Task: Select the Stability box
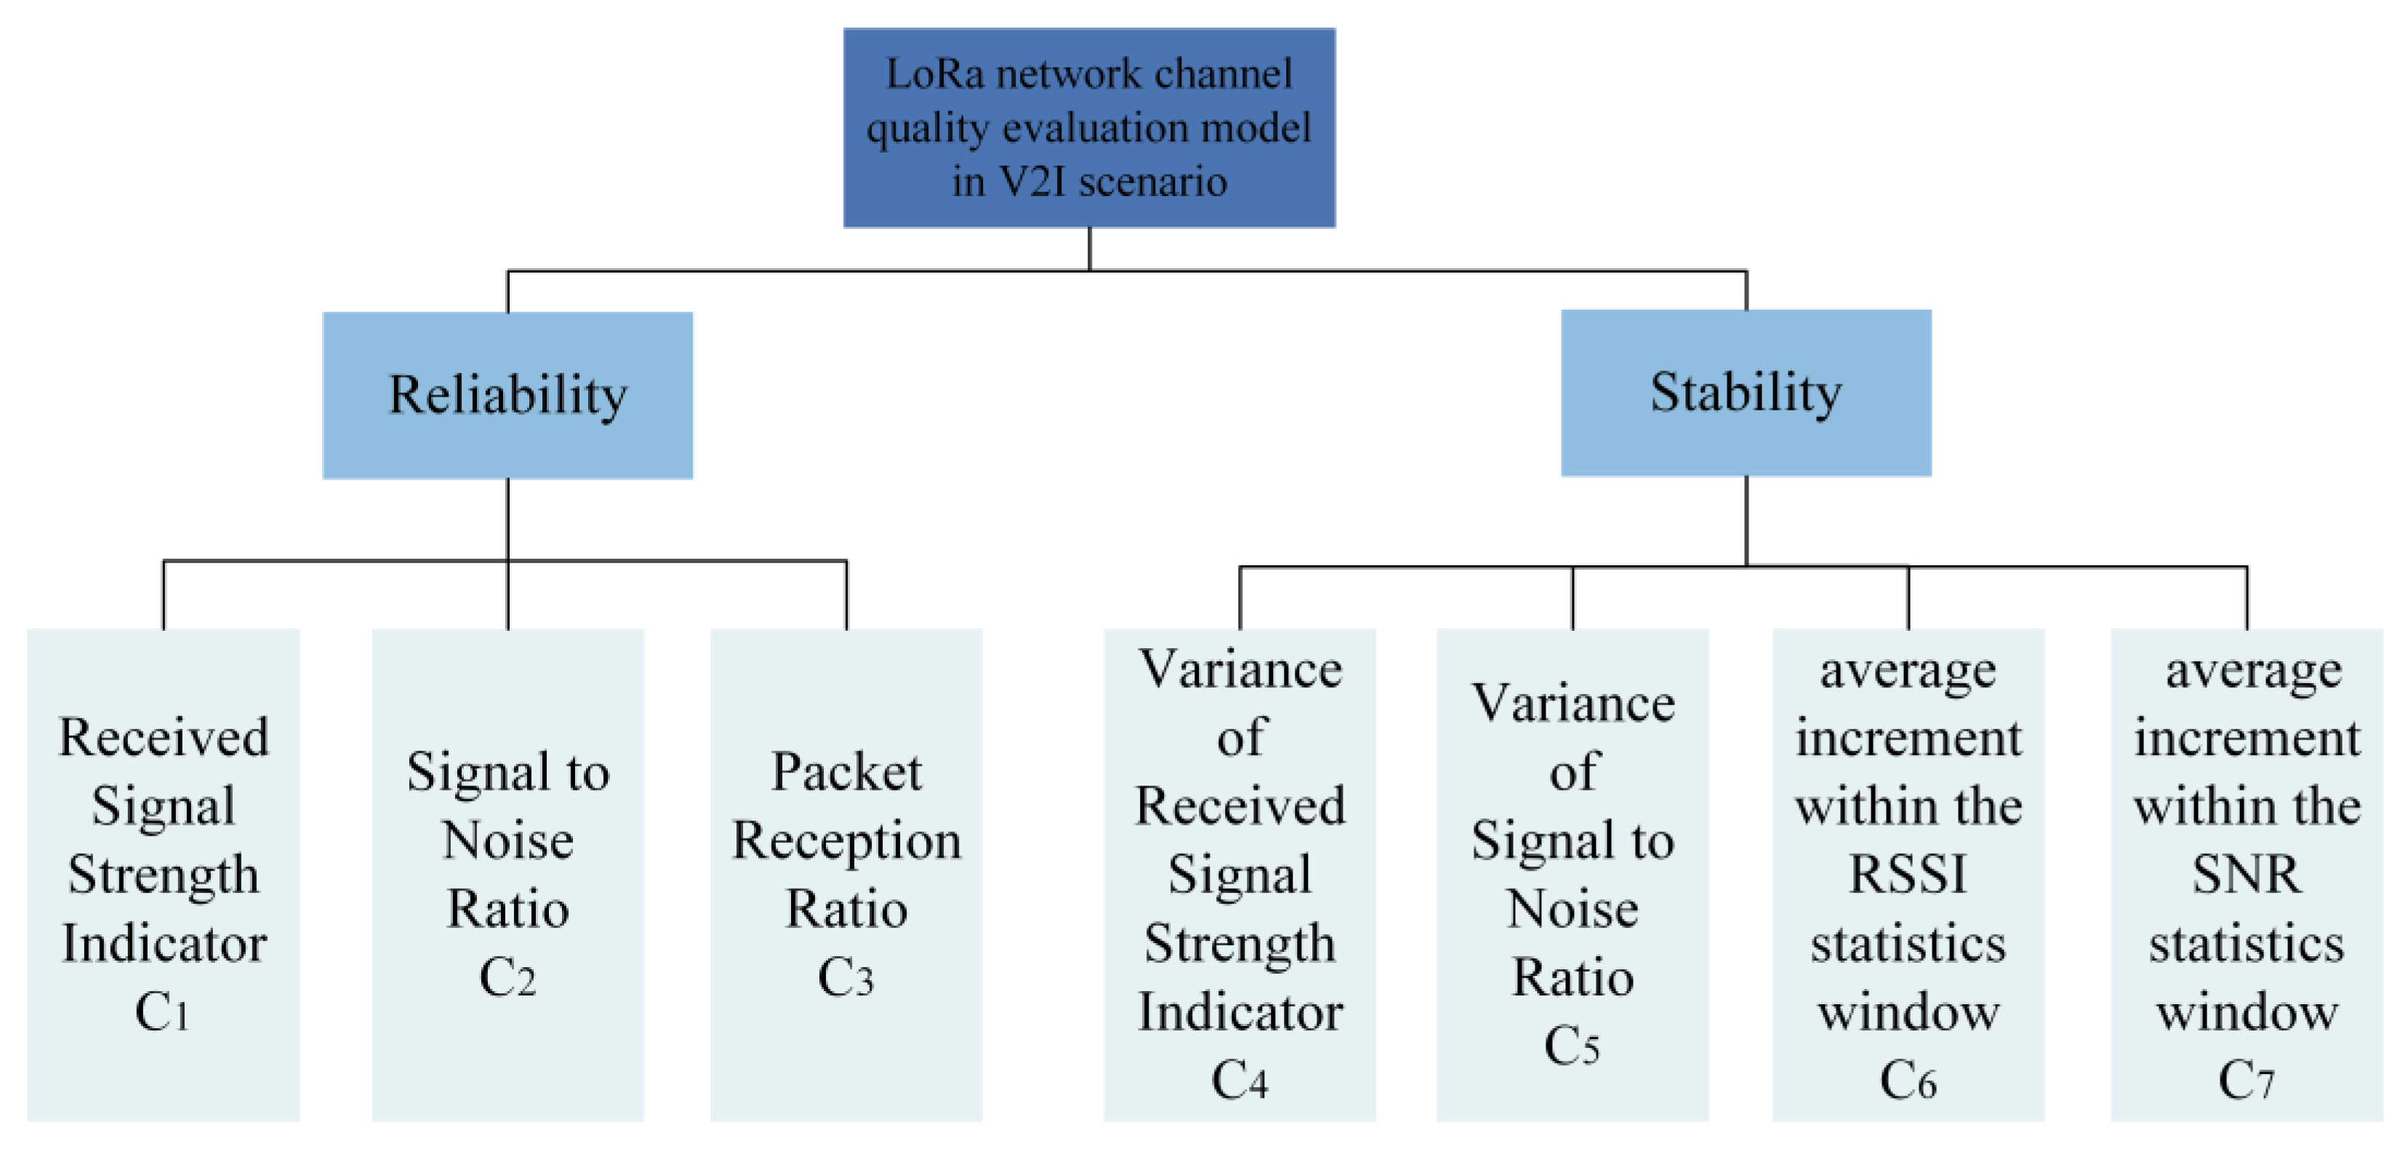point(1745,392)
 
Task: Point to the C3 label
point(845,978)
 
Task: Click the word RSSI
point(1908,876)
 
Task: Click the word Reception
point(846,841)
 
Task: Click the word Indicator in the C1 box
point(164,944)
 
